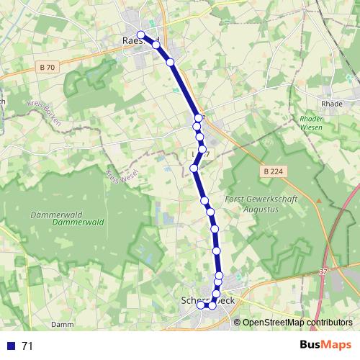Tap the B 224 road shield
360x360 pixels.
click(x=271, y=171)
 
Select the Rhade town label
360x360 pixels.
click(x=332, y=104)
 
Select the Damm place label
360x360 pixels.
click(x=63, y=325)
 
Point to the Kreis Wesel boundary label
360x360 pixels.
click(x=112, y=176)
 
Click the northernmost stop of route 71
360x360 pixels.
click(x=141, y=35)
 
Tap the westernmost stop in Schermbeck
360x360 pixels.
click(x=201, y=305)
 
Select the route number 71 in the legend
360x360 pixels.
click(x=27, y=346)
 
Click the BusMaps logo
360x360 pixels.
click(x=325, y=345)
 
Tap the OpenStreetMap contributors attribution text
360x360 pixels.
click(x=297, y=323)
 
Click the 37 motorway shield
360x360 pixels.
click(x=323, y=272)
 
